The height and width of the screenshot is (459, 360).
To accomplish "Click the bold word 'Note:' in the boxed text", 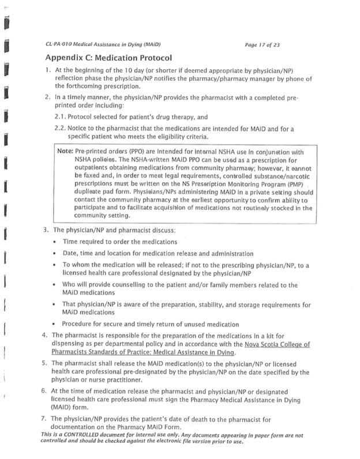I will point(65,151).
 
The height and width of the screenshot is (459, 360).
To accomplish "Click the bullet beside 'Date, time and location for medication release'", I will point(70,254).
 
